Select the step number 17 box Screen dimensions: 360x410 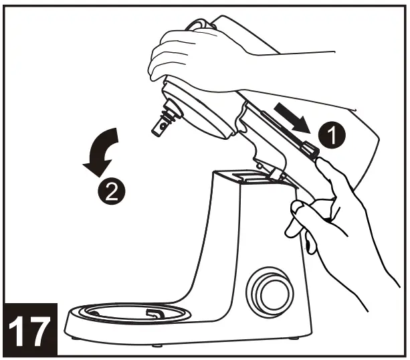[x=33, y=329]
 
